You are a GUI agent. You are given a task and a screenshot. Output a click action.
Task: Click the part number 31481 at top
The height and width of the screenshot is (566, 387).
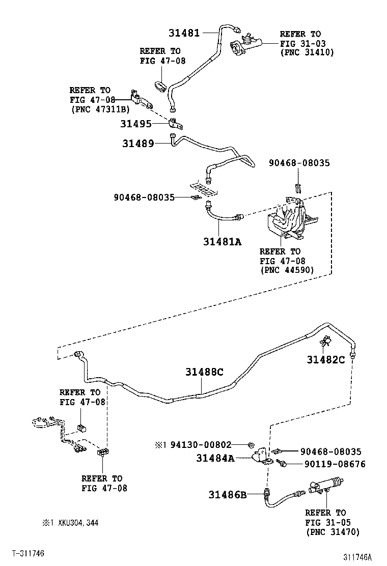click(x=184, y=33)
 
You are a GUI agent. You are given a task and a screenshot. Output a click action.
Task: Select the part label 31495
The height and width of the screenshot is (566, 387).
click(x=135, y=124)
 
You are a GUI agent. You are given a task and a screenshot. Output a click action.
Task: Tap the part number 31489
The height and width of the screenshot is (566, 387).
click(x=137, y=144)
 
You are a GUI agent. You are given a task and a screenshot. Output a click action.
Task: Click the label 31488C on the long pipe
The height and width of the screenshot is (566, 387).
click(x=204, y=372)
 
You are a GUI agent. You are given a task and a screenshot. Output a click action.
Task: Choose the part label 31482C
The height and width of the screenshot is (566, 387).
click(x=326, y=360)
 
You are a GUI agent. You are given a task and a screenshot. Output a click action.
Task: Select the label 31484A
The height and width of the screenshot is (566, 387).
click(x=215, y=458)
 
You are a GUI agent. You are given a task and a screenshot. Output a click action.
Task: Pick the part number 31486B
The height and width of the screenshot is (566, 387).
click(x=227, y=494)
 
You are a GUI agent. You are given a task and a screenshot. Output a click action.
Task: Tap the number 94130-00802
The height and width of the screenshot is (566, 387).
click(x=202, y=444)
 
